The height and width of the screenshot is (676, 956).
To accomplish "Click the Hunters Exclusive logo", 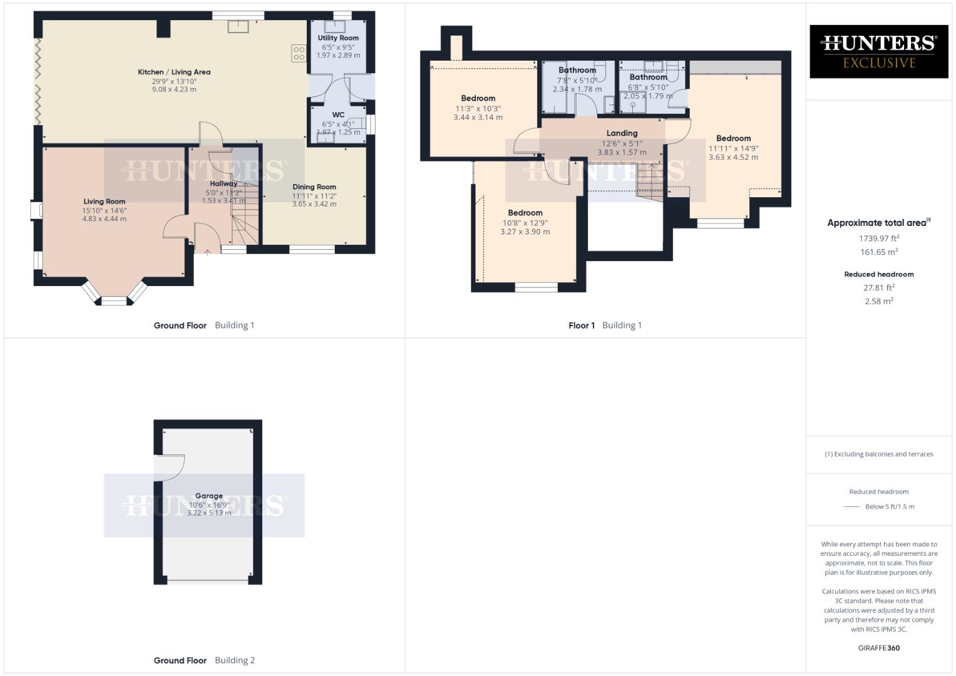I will coord(878,51).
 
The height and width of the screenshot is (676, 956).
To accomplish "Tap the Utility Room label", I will coord(338,38).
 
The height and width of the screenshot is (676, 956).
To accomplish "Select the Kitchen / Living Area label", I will coord(174,72).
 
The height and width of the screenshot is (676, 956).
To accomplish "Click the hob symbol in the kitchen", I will coord(299,53).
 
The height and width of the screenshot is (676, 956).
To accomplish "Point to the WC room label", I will coord(338,115).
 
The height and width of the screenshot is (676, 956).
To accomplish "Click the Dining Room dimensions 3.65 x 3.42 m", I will coord(314,204).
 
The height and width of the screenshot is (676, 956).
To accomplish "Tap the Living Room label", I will coord(105,202).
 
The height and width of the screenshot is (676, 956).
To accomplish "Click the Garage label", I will coord(208,496).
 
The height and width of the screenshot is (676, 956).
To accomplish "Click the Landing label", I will coord(622,133).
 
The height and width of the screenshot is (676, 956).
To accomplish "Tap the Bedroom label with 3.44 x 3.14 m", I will coord(478,98).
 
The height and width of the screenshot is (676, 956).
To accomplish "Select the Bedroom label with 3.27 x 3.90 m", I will coord(525,213).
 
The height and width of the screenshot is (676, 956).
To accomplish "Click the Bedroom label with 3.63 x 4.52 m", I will coord(733,138).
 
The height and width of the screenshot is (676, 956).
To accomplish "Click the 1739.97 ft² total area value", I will coord(878,238).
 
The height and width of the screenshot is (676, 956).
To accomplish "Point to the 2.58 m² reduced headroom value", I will coord(878,301).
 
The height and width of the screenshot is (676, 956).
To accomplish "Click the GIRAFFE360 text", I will coord(878,648).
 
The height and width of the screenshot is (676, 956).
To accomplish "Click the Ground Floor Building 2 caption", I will coord(204,660).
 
